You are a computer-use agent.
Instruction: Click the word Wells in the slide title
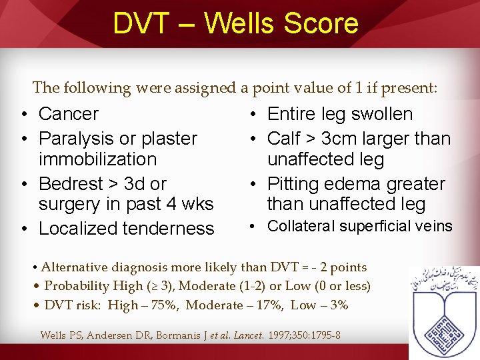tap(239, 23)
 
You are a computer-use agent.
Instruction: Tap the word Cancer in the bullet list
tap(69, 114)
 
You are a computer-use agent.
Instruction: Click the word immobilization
tap(98, 159)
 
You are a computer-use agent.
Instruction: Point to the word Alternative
tap(74, 267)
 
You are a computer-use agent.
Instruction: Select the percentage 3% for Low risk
tap(338, 305)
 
